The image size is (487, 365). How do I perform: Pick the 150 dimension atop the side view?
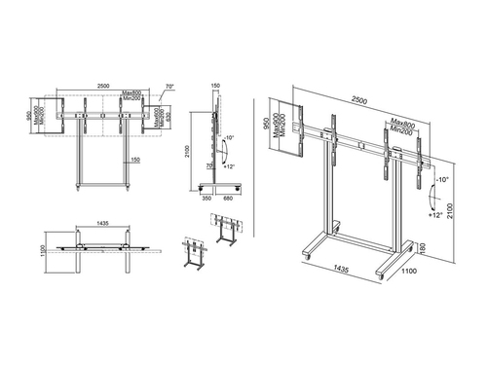pyautogui.click(x=214, y=83)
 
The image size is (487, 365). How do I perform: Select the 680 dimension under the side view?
pyautogui.click(x=227, y=198)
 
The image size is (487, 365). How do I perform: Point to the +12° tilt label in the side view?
pyautogui.click(x=230, y=168)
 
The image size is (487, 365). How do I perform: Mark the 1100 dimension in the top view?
pyautogui.click(x=31, y=250)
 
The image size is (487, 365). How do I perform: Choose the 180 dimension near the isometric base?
pyautogui.click(x=421, y=249)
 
